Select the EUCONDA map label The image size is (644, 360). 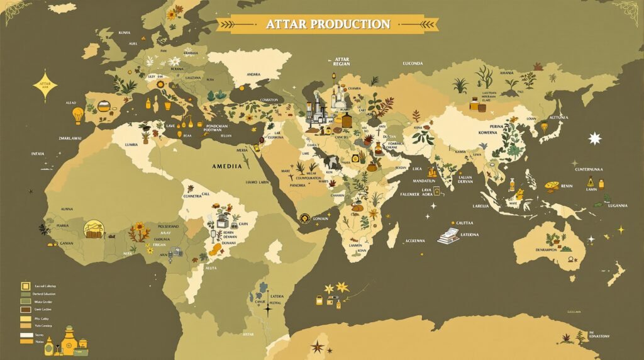413,63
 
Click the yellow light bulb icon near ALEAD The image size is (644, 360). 78,115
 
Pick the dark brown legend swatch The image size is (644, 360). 25,310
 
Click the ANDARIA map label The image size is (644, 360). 253,74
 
